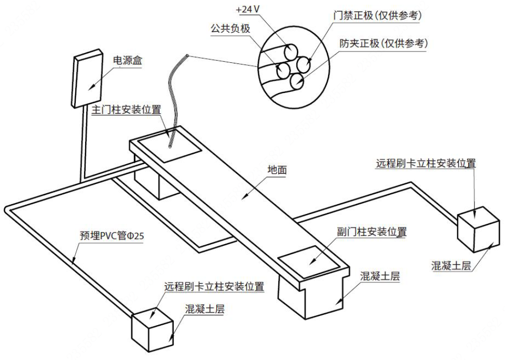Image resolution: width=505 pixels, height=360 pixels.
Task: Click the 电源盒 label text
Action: click(127, 60)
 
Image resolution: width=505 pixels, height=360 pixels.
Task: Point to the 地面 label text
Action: click(277, 170)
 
